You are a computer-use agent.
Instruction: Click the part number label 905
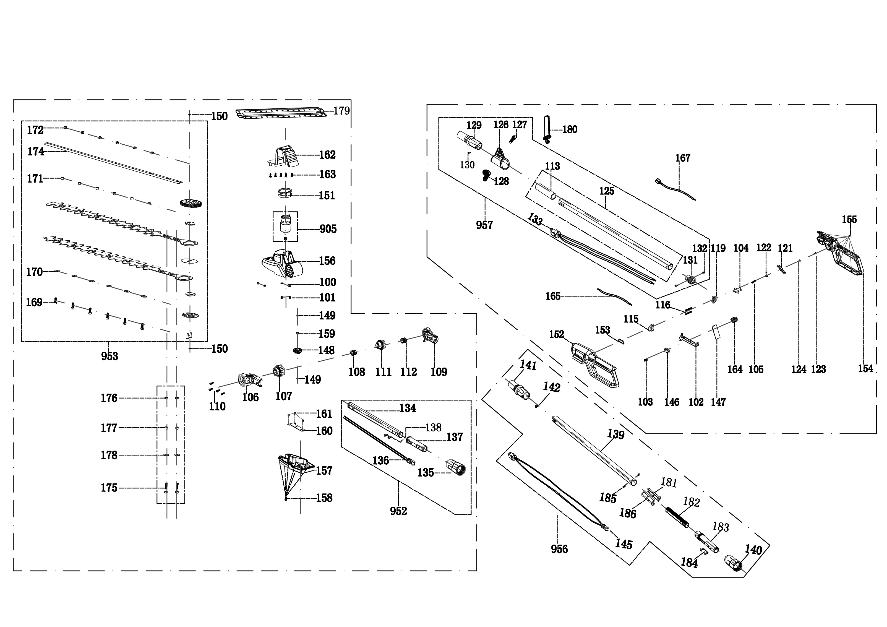[x=328, y=229]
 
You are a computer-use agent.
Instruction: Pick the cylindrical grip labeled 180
[x=547, y=128]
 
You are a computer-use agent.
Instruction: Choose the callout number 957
[x=484, y=225]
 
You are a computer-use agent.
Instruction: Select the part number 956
[x=559, y=549]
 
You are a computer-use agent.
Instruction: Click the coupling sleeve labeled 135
[x=456, y=468]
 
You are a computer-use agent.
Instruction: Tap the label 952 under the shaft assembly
[x=398, y=511]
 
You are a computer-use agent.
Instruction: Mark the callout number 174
[x=36, y=152]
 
